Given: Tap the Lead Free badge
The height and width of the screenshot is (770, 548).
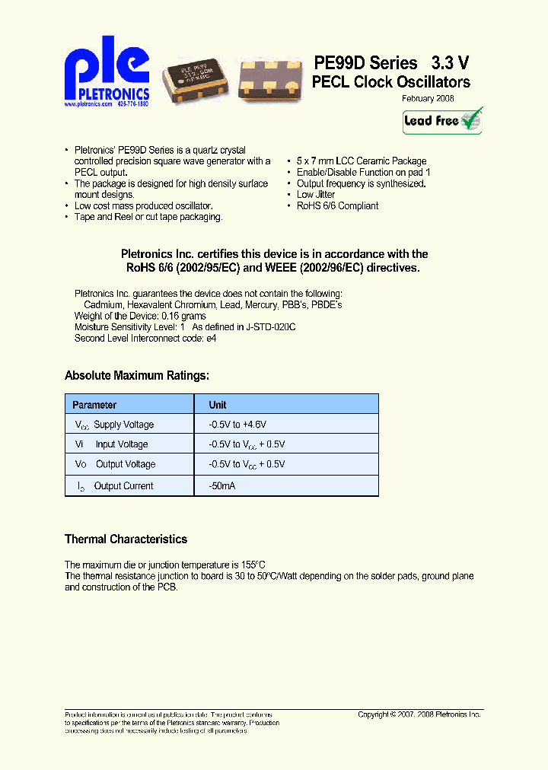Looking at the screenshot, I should click(442, 121).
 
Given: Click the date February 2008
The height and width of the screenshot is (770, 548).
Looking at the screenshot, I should click(429, 99).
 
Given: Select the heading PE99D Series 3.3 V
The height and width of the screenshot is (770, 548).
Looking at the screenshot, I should click(391, 63).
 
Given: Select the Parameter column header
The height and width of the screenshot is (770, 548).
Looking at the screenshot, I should click(94, 405).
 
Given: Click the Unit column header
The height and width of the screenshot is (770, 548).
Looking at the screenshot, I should click(218, 405).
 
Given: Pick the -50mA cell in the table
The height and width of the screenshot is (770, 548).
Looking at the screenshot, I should click(222, 485).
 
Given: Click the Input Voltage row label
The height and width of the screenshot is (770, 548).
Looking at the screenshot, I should click(121, 444).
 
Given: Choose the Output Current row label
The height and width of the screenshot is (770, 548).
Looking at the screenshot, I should click(123, 485).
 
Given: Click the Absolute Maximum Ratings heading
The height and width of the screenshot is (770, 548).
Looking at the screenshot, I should click(137, 375).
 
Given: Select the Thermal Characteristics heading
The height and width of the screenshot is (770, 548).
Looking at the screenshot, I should click(126, 539).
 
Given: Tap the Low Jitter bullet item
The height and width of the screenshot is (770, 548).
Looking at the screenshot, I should click(316, 195).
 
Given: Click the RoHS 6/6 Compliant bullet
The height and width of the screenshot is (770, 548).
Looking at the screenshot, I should click(337, 206).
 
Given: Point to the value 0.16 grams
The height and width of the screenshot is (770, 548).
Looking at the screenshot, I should click(183, 316).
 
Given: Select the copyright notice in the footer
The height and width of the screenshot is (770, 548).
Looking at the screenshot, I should click(419, 714).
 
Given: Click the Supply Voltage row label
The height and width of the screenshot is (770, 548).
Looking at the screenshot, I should click(123, 425).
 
